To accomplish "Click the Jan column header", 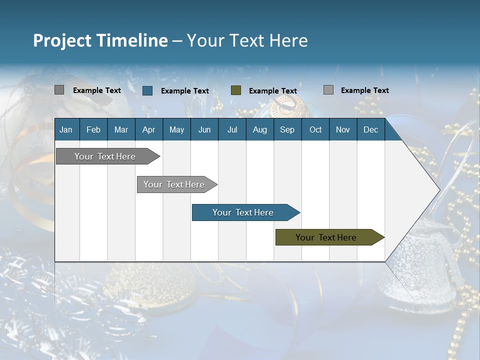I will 66,129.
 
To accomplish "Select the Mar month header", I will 121,129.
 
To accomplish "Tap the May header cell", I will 176,129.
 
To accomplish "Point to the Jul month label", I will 232,129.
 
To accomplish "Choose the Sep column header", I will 287,129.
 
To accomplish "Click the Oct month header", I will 315,129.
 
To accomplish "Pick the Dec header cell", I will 370,129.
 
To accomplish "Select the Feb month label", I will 93,129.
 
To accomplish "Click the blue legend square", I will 147,90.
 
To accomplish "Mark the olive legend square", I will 236,90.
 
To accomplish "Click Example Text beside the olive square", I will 273,91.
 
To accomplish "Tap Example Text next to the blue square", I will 185,91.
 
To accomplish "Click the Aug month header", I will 259,129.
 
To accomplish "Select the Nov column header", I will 342,129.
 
